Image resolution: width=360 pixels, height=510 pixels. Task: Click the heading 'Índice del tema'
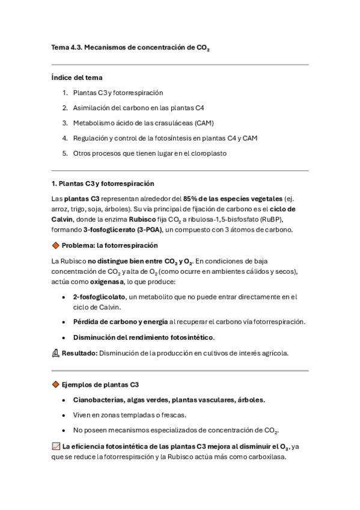(x=76, y=78)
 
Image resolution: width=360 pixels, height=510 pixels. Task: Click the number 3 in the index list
(x=64, y=123)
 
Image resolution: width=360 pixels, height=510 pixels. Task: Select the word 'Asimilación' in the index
(x=91, y=108)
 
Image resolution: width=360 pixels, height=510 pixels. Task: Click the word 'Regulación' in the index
(x=90, y=138)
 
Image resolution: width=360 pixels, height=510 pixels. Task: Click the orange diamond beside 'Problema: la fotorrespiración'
(x=56, y=245)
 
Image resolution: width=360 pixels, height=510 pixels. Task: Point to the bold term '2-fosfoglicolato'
(x=99, y=297)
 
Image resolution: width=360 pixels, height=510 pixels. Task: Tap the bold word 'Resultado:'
(x=80, y=354)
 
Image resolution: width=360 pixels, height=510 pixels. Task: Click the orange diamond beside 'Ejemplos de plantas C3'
(x=56, y=385)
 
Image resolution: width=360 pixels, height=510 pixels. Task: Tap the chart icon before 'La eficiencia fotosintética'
(x=56, y=446)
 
